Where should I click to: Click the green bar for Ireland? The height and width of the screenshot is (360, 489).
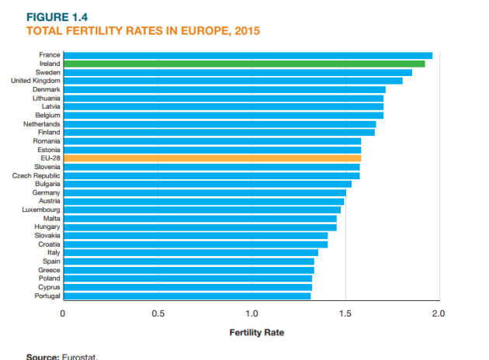tap(244, 64)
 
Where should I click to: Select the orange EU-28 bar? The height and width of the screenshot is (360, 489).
tap(212, 158)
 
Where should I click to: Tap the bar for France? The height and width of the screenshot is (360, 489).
tap(248, 55)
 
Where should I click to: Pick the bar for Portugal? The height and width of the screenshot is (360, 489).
tap(186, 296)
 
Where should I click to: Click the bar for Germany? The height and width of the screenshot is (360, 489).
tap(204, 192)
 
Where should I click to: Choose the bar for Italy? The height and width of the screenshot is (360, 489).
tap(190, 252)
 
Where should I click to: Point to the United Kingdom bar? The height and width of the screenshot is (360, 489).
tap(233, 81)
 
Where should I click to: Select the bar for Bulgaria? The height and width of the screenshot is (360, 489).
tap(207, 184)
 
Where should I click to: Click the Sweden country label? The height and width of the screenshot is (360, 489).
tap(47, 72)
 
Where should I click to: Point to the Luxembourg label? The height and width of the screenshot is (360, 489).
tap(40, 209)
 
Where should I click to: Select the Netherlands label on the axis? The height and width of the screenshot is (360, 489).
tap(42, 124)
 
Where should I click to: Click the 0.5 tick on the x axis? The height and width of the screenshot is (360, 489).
tap(158, 314)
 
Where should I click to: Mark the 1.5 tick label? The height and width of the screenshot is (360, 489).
tap(345, 314)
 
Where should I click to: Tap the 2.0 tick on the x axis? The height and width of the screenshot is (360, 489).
tap(439, 314)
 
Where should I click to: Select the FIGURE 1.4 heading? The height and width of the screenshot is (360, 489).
tap(57, 17)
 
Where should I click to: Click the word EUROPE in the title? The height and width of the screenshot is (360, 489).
tap(193, 31)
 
